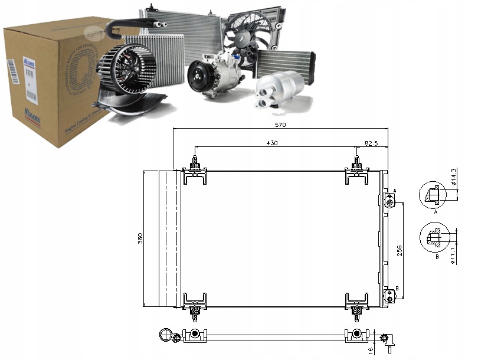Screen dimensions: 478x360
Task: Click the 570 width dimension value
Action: point(280,125)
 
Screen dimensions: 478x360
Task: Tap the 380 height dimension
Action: point(140,238)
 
